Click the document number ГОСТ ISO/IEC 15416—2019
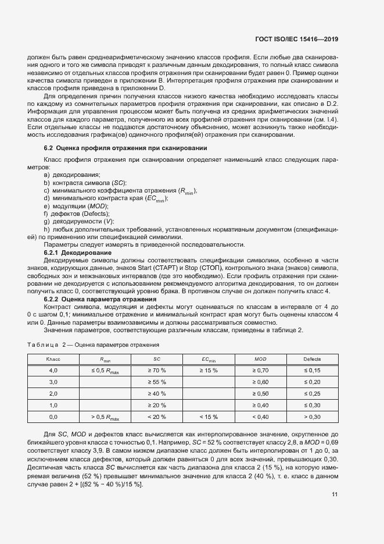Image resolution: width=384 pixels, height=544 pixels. pyautogui.click(x=296, y=40)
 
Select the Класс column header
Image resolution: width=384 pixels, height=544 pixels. pyautogui.click(x=53, y=360)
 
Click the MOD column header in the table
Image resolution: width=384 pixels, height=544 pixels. pyautogui.click(x=260, y=360)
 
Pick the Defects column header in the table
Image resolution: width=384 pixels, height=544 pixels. pyautogui.click(x=312, y=360)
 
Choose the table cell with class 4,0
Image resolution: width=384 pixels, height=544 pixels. pyautogui.click(x=53, y=370)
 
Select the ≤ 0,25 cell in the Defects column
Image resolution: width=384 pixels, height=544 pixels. pyautogui.click(x=312, y=393)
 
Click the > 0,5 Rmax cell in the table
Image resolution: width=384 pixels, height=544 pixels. pyautogui.click(x=105, y=417)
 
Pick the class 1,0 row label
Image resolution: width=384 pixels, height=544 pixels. pyautogui.click(x=53, y=405)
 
